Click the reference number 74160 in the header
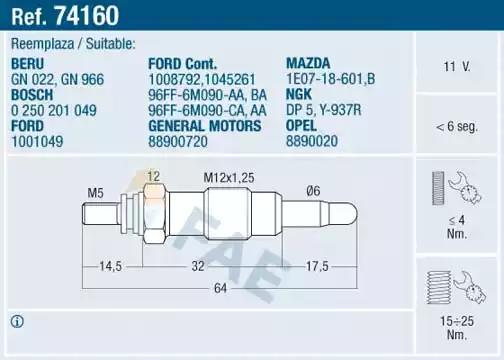[87, 15]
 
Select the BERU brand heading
[28, 64]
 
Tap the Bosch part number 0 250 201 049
[54, 110]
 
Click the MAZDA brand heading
[308, 63]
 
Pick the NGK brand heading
[299, 94]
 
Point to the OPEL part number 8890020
[312, 141]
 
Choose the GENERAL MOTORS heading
[205, 126]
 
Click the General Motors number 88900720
[178, 142]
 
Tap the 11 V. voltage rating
[457, 67]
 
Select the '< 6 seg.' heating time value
[457, 126]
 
